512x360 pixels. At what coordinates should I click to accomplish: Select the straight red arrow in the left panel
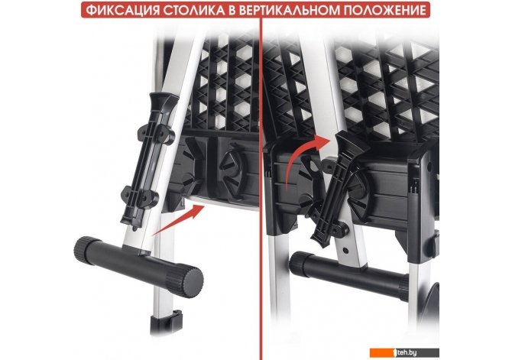click(179, 219)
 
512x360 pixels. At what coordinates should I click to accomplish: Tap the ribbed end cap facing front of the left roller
click(184, 281)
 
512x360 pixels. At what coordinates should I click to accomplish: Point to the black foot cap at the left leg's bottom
click(166, 322)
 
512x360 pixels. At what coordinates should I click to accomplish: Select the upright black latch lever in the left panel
click(149, 161)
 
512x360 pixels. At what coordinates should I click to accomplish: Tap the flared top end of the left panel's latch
click(164, 100)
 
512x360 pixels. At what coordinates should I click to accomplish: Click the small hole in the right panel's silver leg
click(345, 251)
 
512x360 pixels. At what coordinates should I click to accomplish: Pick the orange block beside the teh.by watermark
click(382, 353)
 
